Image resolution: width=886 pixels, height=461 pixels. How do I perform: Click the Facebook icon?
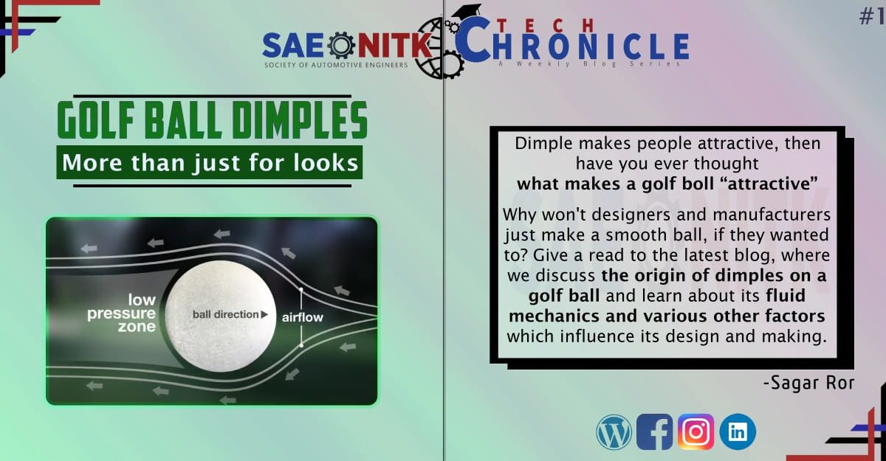655,431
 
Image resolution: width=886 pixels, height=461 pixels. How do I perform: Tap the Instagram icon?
696,431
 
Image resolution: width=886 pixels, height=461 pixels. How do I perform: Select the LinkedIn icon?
738,431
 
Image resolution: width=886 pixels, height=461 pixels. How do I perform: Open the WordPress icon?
614,432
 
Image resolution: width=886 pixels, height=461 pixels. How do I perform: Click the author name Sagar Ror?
808,383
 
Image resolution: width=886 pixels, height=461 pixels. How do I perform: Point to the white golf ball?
220,316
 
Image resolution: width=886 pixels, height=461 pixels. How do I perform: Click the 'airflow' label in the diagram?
303,317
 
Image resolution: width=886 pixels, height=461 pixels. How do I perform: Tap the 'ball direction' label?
230,314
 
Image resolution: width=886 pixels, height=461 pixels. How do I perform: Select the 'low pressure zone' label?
121,313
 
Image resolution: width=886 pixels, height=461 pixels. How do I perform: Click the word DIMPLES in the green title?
300,120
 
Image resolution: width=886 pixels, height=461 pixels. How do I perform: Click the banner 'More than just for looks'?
210,162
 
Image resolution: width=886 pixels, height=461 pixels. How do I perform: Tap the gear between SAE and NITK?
341,45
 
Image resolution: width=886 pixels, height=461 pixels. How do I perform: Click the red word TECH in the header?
546,26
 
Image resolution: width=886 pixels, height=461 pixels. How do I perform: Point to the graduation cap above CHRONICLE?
467,12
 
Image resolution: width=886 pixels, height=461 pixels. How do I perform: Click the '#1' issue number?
872,16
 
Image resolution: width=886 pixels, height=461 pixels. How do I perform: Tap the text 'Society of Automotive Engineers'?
336,65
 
